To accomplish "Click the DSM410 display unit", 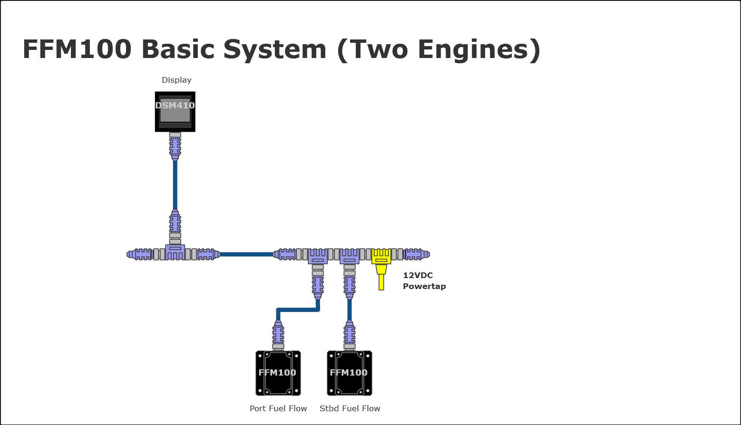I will [175, 112].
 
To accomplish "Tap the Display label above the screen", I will [176, 80].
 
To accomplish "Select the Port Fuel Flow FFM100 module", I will [278, 373].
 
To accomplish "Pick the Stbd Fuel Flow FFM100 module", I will [350, 373].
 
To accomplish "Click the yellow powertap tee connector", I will [381, 256].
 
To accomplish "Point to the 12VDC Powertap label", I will [424, 280].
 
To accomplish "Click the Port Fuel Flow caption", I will [278, 408].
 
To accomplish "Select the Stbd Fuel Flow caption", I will [350, 408].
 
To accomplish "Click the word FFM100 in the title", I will [77, 49].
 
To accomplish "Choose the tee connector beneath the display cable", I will [175, 252].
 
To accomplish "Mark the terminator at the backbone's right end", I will [417, 254].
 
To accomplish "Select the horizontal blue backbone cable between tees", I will [246, 254].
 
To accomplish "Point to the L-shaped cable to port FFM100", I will [297, 310].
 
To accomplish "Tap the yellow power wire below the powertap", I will [381, 281].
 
